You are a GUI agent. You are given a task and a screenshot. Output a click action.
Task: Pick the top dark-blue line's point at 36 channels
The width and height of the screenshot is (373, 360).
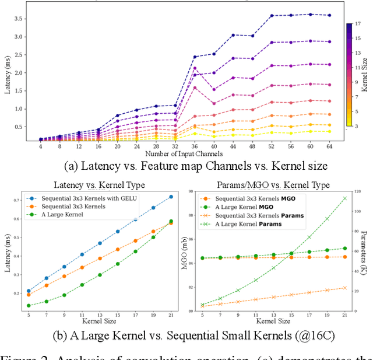[195, 57]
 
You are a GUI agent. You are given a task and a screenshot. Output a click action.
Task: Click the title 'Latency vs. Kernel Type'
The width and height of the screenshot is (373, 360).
[99, 184]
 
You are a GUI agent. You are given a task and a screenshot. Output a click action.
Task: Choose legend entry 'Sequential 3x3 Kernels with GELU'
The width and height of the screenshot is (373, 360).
[87, 198]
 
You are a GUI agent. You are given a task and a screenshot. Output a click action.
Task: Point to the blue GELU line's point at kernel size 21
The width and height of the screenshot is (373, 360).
[171, 197]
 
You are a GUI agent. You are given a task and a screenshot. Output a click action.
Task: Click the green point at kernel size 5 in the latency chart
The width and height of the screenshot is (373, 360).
[29, 305]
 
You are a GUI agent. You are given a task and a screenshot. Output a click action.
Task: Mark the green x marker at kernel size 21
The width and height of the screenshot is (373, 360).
[344, 198]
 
